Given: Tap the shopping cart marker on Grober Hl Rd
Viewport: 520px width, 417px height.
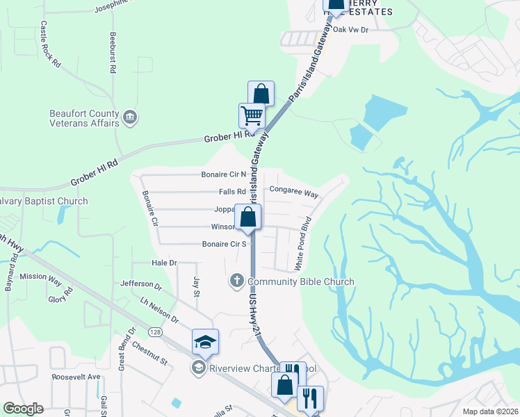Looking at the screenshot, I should pyautogui.click(x=252, y=115).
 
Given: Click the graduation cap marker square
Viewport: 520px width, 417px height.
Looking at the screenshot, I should pyautogui.click(x=206, y=342).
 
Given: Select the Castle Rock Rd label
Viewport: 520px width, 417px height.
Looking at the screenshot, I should pyautogui.click(x=50, y=43).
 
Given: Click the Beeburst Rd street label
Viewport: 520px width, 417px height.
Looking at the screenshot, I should pyautogui.click(x=112, y=51).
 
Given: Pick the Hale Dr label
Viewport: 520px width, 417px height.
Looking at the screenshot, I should pyautogui.click(x=165, y=263).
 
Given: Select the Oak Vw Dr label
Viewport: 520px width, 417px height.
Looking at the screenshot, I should pyautogui.click(x=350, y=30).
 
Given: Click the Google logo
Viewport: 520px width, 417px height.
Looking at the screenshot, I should pyautogui.click(x=23, y=409).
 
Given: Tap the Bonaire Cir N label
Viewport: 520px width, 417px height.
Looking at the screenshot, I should pyautogui.click(x=224, y=174).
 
